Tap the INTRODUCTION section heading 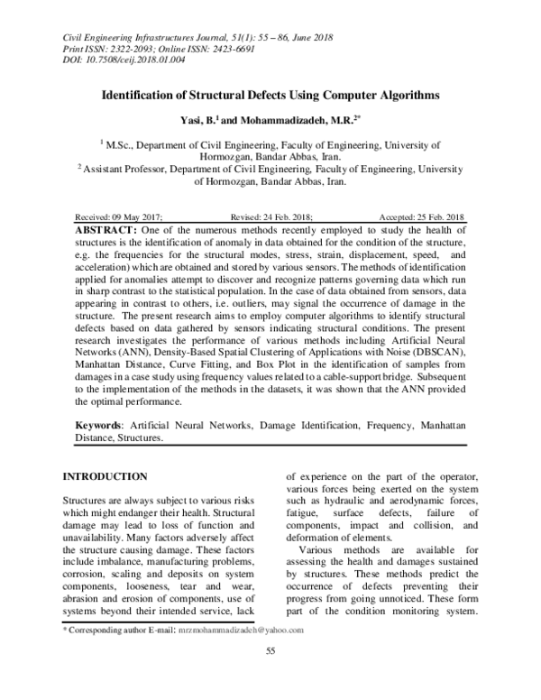coord(103,476)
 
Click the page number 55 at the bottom coord(270,677)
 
